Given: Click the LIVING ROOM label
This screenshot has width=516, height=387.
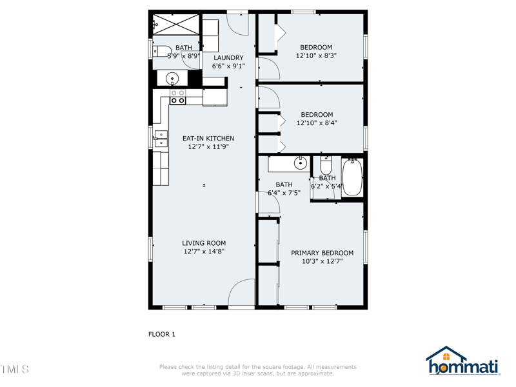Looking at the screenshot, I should [x=204, y=243].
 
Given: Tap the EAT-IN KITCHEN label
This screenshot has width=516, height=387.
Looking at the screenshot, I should [x=208, y=138].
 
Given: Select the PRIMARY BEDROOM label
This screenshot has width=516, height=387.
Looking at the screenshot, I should [x=322, y=253].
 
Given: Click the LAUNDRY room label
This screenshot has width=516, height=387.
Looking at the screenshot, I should [x=228, y=57].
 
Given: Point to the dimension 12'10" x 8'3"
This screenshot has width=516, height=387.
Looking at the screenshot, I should [x=316, y=55].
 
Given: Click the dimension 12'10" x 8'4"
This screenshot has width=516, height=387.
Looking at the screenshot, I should [x=317, y=123].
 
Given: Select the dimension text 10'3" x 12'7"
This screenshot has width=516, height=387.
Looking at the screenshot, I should [x=322, y=261].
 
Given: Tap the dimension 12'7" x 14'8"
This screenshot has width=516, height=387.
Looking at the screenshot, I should [x=204, y=252].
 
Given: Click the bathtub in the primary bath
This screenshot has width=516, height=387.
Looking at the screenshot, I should [x=352, y=177].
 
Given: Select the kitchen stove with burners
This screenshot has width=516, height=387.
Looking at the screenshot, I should [x=177, y=97].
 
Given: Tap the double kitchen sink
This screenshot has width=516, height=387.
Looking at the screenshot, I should [x=161, y=139].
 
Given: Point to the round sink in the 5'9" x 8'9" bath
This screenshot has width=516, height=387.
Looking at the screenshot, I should [x=172, y=79].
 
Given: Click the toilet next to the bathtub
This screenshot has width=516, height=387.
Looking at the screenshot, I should [x=326, y=166].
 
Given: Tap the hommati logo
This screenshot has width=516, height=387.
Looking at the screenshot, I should [x=462, y=362].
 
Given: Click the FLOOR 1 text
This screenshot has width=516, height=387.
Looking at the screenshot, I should [x=162, y=334].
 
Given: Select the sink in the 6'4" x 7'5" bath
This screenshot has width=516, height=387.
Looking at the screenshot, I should [x=300, y=163].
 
